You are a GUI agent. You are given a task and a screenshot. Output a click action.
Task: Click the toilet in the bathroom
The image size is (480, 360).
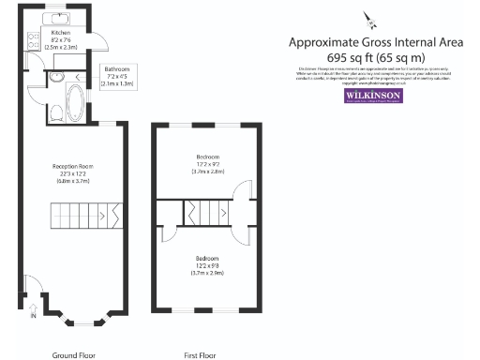[x=56, y=112]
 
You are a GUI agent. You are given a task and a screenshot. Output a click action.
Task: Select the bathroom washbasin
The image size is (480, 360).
[x=55, y=79]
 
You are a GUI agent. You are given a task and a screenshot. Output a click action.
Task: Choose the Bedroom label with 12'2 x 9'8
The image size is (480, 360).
[x=207, y=263]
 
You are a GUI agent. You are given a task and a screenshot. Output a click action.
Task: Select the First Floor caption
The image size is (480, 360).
[x=201, y=355]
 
